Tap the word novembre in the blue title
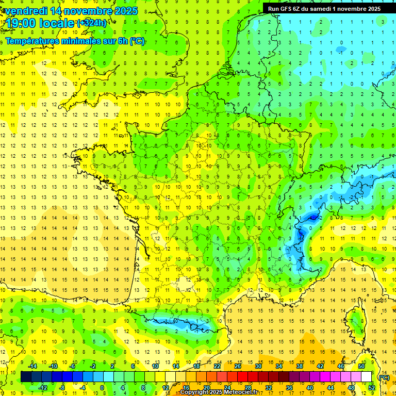pos(89,11)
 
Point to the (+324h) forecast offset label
pos(92,23)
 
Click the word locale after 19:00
pos(58,23)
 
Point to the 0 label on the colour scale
pos(102,387)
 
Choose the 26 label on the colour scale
pos(238,366)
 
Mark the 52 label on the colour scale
pos(371,387)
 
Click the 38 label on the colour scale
pos(299,366)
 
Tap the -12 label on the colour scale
pos(43,387)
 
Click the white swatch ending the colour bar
pos(366,376)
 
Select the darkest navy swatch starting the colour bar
pos(26,376)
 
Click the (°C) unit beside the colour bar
pos(384,377)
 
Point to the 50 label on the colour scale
pos(361,366)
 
